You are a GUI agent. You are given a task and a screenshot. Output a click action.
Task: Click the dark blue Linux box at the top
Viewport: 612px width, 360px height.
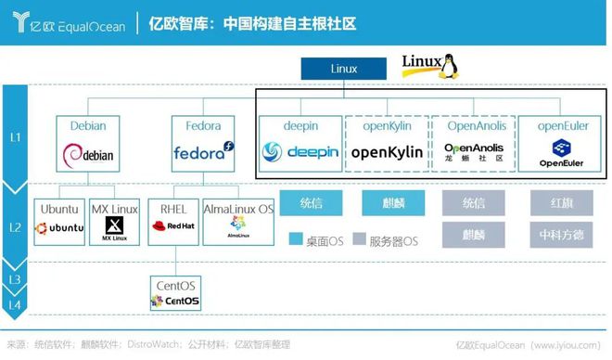point(342,69)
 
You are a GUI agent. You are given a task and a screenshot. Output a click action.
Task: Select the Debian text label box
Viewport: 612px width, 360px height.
point(88,126)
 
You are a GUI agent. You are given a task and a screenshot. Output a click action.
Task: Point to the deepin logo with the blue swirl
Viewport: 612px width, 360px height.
point(300,151)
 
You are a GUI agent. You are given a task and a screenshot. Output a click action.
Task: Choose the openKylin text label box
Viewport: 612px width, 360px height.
point(387,126)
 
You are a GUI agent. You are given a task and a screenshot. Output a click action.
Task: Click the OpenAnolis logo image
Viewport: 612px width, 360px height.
point(473,151)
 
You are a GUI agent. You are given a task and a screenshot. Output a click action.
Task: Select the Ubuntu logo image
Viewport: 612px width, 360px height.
point(59,227)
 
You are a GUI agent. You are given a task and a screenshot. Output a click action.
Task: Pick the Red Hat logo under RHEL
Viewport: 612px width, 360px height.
point(174,226)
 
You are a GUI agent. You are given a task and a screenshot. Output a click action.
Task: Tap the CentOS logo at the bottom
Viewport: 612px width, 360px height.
point(174,301)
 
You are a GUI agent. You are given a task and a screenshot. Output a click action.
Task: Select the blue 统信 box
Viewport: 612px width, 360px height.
point(299,202)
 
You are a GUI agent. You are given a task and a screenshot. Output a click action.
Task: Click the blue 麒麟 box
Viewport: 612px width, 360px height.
point(386,202)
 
